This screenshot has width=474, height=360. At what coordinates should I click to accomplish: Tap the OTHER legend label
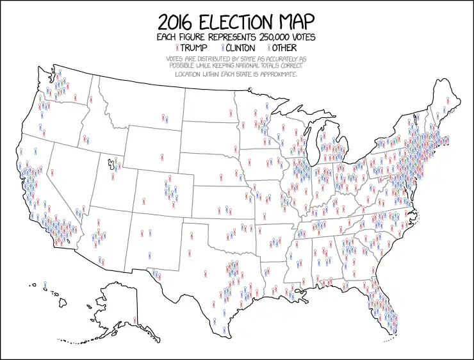click(286, 48)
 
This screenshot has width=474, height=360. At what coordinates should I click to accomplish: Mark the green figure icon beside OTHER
click(270, 48)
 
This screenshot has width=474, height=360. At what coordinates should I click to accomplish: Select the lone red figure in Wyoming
click(161, 156)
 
